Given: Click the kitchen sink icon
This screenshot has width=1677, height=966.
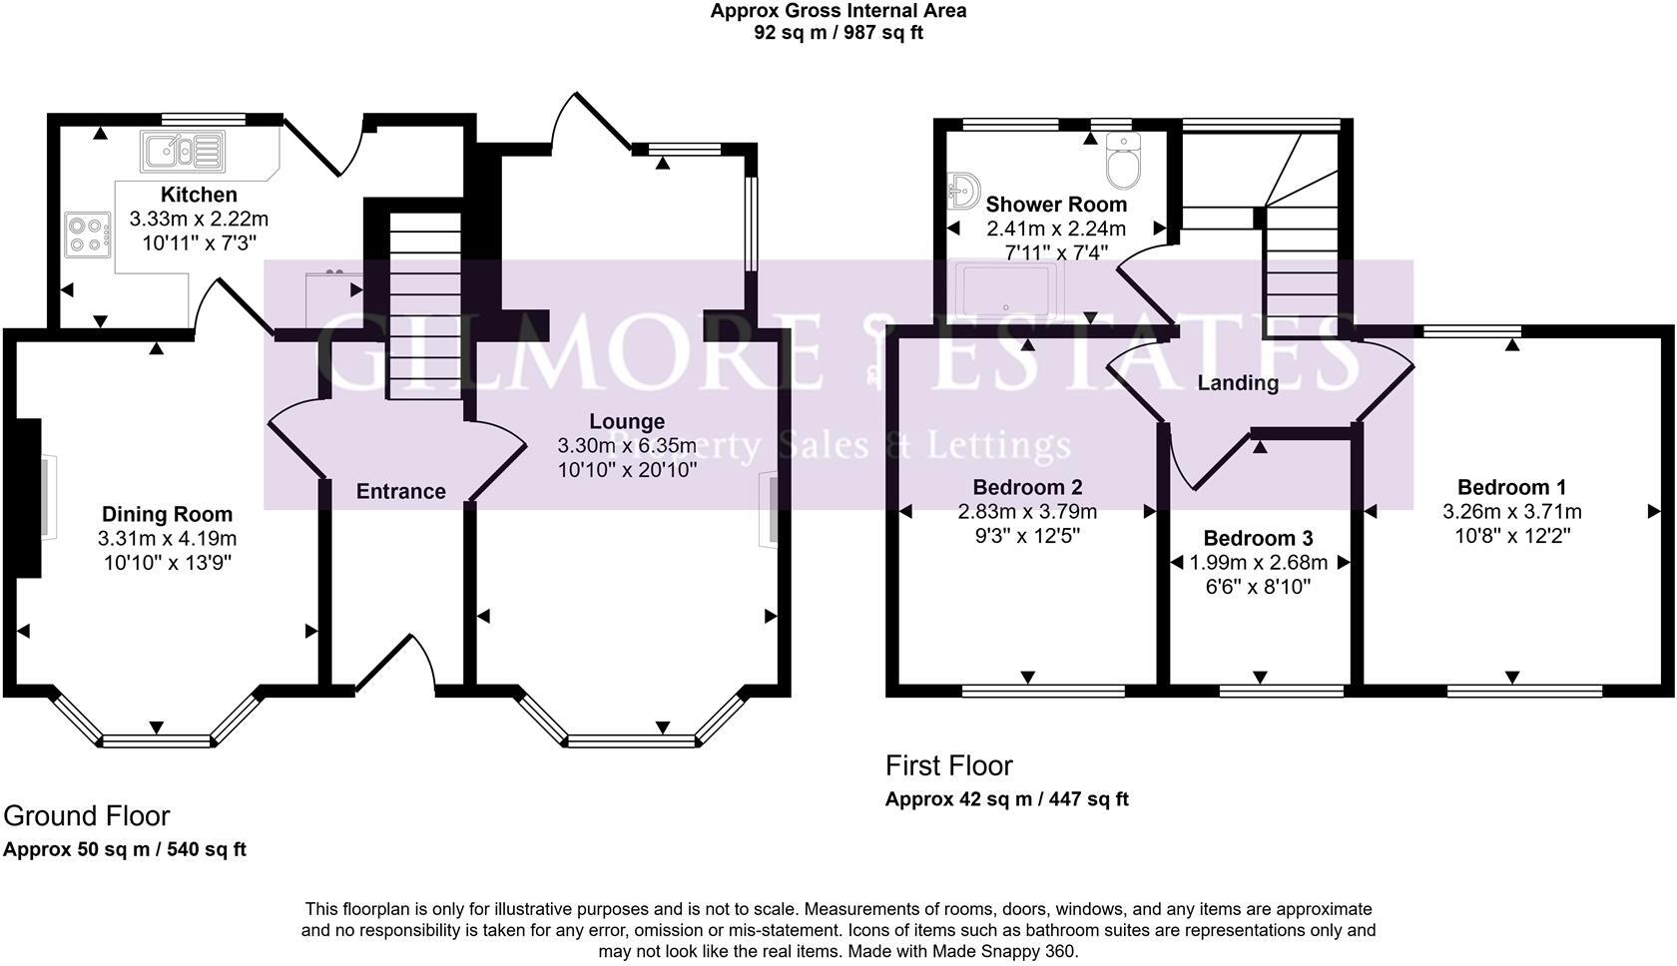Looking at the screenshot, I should point(184,152).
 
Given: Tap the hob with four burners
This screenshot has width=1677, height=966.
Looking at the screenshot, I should point(87,235).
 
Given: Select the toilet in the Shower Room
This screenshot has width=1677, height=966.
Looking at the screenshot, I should point(1124,162).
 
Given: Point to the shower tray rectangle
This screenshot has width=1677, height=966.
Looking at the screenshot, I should point(1006,289).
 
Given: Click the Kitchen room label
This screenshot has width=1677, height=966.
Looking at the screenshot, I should point(199,195).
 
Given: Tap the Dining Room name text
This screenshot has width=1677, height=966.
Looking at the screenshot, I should point(167,514).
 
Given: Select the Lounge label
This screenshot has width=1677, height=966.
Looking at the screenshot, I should point(626,421).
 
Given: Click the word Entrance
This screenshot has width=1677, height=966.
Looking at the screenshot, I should point(400,491).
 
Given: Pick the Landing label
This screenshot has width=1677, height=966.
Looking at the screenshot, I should point(1238,383).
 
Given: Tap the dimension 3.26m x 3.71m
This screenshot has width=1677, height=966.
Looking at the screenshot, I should point(1511,512).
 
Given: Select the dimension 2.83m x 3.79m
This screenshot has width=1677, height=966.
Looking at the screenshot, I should point(1027,512).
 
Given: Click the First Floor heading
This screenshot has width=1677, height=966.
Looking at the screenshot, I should point(948,766).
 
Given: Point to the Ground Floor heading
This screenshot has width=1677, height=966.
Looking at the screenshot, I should point(87,816).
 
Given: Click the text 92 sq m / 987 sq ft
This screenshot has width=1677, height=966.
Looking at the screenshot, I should point(838,33).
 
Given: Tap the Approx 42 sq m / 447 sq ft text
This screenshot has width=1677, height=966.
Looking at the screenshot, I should point(1006,799).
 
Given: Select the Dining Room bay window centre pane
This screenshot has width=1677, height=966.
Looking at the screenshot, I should point(157,740).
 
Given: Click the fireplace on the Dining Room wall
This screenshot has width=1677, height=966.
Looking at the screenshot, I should point(30,497).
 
